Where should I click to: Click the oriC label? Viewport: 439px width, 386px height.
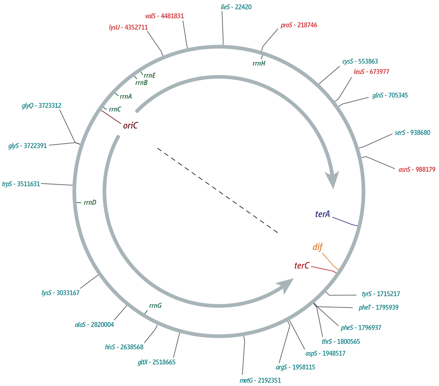pyautogui.click(x=130, y=125)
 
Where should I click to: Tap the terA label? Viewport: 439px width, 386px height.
pyautogui.click(x=322, y=214)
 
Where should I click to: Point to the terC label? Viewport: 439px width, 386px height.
pyautogui.click(x=302, y=266)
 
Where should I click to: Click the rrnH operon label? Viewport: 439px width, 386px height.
pyautogui.click(x=259, y=64)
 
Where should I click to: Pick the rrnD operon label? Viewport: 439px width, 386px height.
pyautogui.click(x=90, y=202)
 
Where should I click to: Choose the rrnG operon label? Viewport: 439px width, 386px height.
pyautogui.click(x=155, y=306)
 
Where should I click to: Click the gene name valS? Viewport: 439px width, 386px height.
pyautogui.click(x=150, y=16)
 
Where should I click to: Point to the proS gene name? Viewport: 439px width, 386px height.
pyautogui.click(x=286, y=25)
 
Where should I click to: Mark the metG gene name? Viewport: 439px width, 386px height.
pyautogui.click(x=246, y=380)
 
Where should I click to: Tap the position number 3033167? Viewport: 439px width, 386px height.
pyautogui.click(x=68, y=293)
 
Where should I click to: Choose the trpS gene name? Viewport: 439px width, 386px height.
pyautogui.click(x=7, y=184)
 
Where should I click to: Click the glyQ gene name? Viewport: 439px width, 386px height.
pyautogui.click(x=27, y=106)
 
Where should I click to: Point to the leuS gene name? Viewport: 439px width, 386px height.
pyautogui.click(x=359, y=72)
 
